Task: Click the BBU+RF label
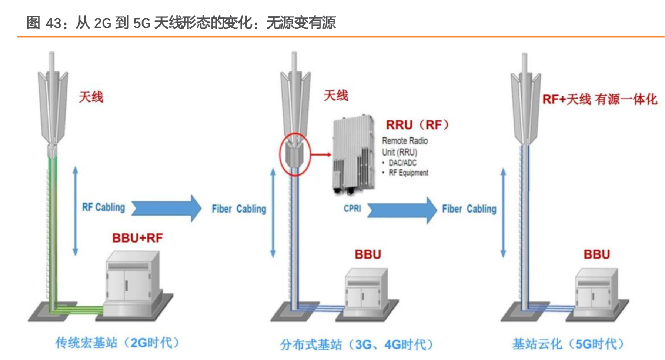[x=137, y=238]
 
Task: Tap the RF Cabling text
[x=103, y=207]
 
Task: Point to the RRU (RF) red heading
[x=417, y=125]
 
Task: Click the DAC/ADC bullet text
[x=402, y=163]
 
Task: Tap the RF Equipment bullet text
[x=408, y=173]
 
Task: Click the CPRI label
[x=352, y=209]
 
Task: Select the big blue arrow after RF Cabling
[x=166, y=208]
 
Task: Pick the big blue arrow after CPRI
[x=402, y=210]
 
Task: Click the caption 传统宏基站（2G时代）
[x=117, y=343]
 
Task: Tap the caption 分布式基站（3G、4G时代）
[x=356, y=344]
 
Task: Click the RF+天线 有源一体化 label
[x=599, y=99]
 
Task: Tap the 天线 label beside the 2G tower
[x=91, y=97]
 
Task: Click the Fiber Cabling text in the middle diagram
[x=239, y=209]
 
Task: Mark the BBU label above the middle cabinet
[x=368, y=254]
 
